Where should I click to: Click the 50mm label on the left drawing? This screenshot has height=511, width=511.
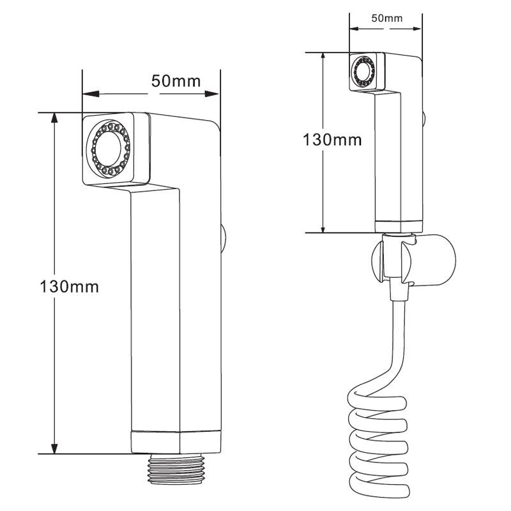(x=176, y=81)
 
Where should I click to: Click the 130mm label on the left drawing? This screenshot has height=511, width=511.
(x=69, y=287)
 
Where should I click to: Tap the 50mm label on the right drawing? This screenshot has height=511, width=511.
(x=387, y=19)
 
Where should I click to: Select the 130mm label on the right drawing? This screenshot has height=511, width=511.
(x=332, y=140)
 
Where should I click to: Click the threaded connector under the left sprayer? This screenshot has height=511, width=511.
(x=176, y=469)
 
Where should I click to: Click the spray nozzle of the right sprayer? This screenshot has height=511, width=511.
(x=365, y=72)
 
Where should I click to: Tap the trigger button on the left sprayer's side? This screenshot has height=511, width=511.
(x=224, y=238)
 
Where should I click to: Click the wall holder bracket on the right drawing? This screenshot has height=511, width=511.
(x=413, y=261)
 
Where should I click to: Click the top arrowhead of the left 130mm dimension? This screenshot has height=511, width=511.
(x=54, y=118)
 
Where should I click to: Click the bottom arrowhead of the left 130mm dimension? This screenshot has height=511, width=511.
(x=54, y=448)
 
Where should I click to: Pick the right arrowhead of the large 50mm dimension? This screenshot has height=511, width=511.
(x=212, y=94)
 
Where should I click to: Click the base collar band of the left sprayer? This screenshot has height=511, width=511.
(x=176, y=443)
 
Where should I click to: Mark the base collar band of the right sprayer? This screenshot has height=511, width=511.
(x=399, y=227)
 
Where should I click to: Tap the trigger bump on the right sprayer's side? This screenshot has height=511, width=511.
(x=424, y=119)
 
